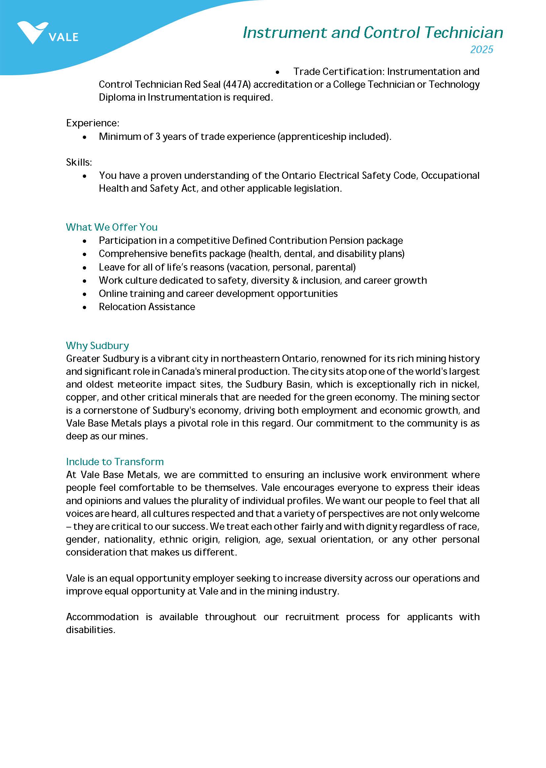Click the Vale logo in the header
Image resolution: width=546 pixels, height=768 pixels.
click(47, 33)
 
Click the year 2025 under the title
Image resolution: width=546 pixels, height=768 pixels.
click(481, 49)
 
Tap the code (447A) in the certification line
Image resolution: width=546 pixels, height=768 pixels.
click(237, 84)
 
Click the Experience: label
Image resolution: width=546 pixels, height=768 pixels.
click(92, 123)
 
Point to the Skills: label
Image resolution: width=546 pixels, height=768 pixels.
click(79, 162)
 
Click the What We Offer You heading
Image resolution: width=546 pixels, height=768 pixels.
click(112, 227)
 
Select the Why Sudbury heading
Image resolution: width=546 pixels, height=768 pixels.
click(98, 345)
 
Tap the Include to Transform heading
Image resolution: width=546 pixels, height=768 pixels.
click(115, 462)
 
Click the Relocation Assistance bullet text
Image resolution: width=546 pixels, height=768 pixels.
click(146, 307)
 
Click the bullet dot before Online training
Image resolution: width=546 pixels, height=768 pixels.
click(84, 294)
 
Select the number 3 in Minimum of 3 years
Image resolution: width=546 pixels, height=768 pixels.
click(157, 137)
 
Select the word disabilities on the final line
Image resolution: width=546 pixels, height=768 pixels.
click(90, 629)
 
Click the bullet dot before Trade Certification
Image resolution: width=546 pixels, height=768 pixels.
click(277, 72)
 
